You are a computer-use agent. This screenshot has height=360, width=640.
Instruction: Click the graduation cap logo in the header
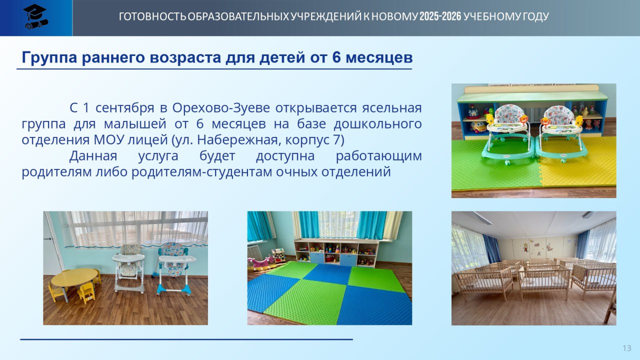coord(35,17)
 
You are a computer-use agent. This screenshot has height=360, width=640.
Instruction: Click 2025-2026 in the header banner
coord(440,16)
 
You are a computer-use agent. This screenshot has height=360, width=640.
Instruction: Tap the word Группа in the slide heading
coord(49,57)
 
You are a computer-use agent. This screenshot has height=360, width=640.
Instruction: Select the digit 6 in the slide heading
coord(337,57)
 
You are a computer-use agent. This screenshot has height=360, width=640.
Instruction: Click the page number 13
coord(627,348)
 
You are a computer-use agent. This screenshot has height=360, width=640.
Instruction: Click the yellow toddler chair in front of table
coord(86,293)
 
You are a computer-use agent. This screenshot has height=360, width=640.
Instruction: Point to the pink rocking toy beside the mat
coord(260,263)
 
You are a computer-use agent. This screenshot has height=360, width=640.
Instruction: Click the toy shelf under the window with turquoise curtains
coord(336,252)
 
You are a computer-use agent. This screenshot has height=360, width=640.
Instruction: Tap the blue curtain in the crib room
coord(491,248)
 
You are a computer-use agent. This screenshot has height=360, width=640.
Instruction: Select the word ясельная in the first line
coord(392,108)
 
